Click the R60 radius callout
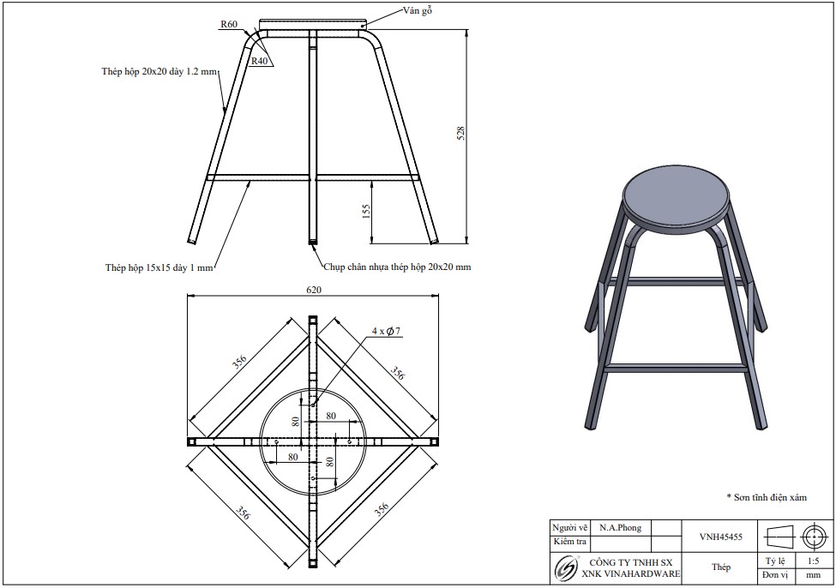(x=229, y=24)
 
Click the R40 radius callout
(x=260, y=61)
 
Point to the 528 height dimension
(x=461, y=133)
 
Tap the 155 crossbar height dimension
(x=366, y=212)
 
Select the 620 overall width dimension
(x=314, y=290)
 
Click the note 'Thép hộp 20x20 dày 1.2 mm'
(x=160, y=71)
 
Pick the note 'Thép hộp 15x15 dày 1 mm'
(x=159, y=267)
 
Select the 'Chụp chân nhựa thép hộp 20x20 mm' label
(x=397, y=267)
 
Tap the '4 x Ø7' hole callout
(x=387, y=331)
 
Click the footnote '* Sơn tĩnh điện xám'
(x=767, y=497)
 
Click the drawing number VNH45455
(x=721, y=537)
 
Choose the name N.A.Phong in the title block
(x=620, y=528)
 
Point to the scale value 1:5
(x=813, y=561)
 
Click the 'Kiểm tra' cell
(x=570, y=542)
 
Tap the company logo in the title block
(x=566, y=567)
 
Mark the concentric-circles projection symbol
(x=814, y=537)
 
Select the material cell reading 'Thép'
(x=721, y=567)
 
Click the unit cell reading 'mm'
(x=814, y=575)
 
